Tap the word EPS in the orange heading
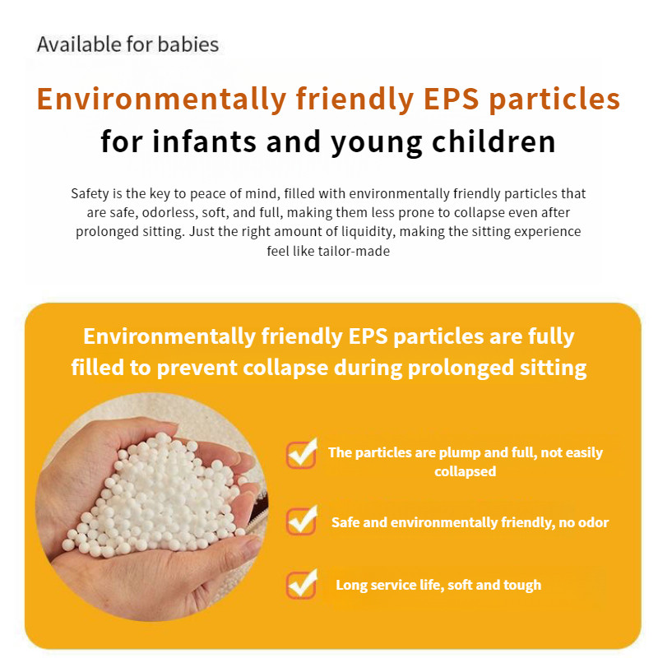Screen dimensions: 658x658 point(451,100)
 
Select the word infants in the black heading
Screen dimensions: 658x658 point(204,141)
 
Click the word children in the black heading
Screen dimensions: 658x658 point(494,141)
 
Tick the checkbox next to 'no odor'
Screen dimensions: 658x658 point(302,521)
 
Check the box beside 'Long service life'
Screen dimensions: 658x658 point(302,584)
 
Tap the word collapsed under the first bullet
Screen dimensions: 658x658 point(466,471)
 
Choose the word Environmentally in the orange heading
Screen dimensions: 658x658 point(161,100)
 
